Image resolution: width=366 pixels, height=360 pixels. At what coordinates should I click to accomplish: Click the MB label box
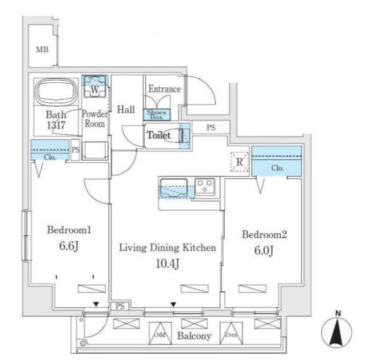click(42, 50)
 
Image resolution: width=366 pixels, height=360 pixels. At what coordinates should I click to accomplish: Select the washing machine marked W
click(96, 89)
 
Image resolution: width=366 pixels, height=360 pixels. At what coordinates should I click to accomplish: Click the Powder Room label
click(95, 118)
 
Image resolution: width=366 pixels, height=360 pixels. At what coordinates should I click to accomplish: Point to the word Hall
click(126, 109)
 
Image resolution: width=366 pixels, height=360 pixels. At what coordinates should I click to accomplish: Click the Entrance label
click(165, 89)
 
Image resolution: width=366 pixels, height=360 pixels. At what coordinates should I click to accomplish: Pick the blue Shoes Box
click(157, 114)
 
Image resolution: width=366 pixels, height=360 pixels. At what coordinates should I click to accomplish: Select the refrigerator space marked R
click(240, 162)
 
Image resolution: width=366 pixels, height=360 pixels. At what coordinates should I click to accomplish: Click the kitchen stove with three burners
click(205, 185)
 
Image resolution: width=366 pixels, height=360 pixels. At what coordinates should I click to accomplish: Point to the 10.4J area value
click(166, 263)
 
